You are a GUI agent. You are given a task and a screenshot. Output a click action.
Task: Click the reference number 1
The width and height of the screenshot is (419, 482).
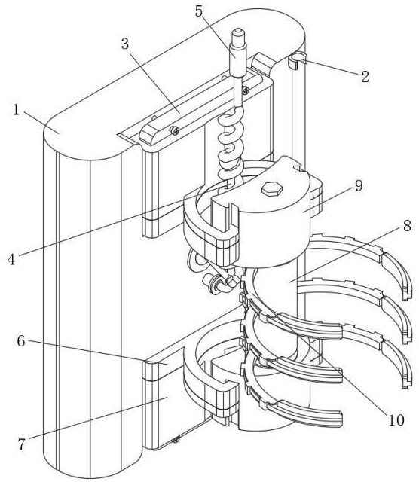(x=16, y=110)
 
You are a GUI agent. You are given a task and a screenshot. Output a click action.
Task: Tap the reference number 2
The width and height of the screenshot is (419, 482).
(x=365, y=76)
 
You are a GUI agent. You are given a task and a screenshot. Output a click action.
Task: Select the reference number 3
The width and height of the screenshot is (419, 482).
(x=124, y=44)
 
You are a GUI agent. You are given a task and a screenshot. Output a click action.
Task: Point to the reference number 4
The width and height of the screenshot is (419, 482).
(x=11, y=259)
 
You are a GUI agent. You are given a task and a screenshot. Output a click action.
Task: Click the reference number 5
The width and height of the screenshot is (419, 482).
(x=199, y=11)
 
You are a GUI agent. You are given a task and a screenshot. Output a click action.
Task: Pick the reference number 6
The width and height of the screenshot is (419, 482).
(x=21, y=341)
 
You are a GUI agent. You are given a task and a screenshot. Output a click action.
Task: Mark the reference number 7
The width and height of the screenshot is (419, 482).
(x=21, y=444)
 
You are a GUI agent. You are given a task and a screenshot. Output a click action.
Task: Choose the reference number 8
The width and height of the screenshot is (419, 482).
(x=407, y=226)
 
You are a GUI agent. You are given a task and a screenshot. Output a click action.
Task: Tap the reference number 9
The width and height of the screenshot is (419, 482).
(x=359, y=185)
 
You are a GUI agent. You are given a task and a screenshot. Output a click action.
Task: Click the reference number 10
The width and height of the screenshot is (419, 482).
(x=396, y=419)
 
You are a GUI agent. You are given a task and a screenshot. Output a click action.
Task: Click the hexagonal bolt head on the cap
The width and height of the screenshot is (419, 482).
(x=272, y=189)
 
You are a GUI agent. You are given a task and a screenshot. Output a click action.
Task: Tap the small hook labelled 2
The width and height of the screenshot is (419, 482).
(x=298, y=60)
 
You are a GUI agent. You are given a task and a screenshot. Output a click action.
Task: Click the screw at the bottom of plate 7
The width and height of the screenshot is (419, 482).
(x=176, y=440)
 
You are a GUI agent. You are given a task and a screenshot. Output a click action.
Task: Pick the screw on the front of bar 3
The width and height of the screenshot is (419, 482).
(x=175, y=130)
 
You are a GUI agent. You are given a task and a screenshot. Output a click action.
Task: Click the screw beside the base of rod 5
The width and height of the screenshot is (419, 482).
(x=246, y=90)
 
